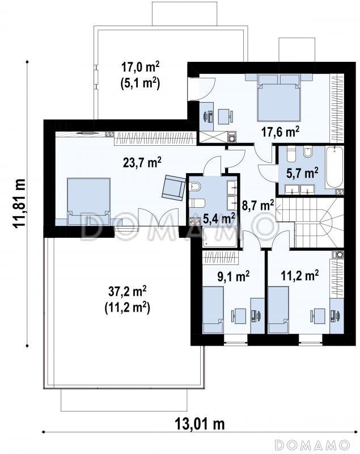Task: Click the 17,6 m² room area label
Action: tap(280, 132)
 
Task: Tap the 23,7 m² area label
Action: tap(142, 162)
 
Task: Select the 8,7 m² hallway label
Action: tap(257, 205)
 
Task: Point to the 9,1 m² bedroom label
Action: tap(234, 276)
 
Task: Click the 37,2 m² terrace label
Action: tap(127, 292)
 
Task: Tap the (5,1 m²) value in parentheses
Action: tap(140, 84)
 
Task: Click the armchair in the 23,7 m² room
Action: tap(173, 188)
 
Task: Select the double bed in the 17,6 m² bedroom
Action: tap(279, 97)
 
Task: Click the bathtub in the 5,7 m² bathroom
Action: tap(334, 167)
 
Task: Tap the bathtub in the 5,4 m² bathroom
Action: tap(220, 237)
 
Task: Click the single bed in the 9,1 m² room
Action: tap(213, 309)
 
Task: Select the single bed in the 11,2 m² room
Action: tap(278, 309)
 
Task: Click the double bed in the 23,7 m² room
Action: tap(89, 201)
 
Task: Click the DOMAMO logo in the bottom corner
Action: tap(312, 444)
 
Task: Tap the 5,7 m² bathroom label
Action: tap(303, 173)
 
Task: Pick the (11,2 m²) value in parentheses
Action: tap(127, 308)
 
